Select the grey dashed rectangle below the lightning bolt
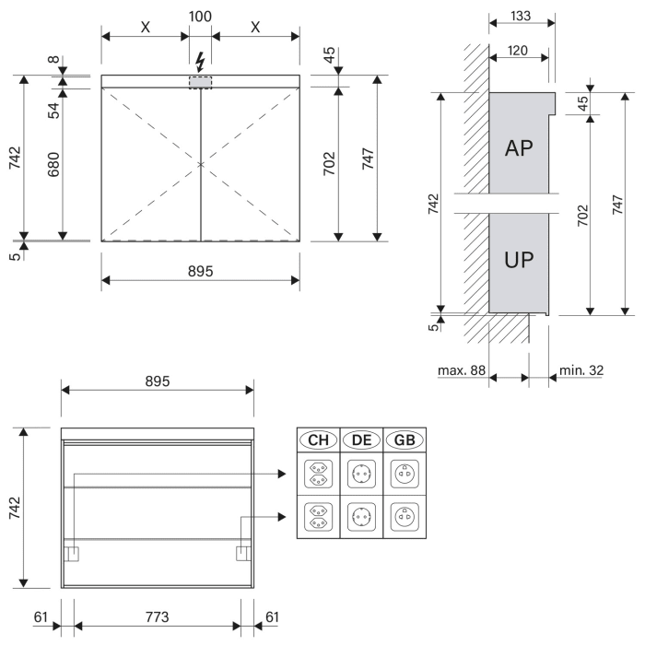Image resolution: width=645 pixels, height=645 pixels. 201,82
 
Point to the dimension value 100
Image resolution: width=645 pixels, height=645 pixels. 201,18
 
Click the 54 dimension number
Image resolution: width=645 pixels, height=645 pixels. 53,111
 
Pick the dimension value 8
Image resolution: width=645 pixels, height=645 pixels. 53,64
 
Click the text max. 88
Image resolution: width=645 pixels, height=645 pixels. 461,371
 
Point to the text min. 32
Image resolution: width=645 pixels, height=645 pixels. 581,371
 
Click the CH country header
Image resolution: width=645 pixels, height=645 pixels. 317,440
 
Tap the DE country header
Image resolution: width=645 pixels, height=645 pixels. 361,440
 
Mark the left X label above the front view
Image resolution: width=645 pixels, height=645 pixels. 146,26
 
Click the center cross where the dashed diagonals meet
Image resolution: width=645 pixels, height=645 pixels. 201,164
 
